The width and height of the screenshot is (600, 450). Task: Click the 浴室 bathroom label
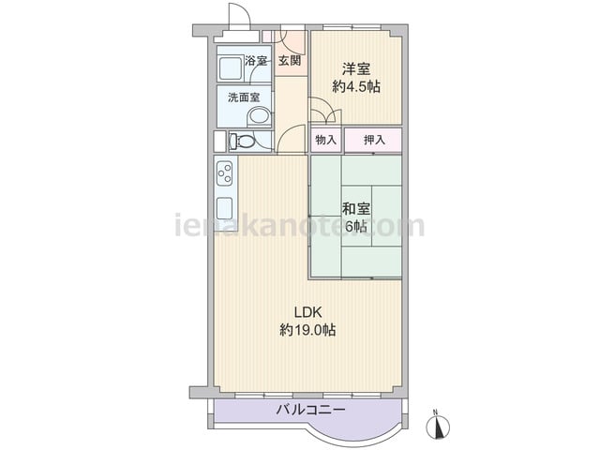pos(256,60)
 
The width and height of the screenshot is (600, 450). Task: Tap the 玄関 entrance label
pos(290,60)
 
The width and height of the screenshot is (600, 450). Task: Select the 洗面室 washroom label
pos(244,97)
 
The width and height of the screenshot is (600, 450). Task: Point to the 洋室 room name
pos(356,69)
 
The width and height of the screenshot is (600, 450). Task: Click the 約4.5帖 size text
pos(356,87)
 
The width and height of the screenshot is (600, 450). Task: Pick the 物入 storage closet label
pos(325,140)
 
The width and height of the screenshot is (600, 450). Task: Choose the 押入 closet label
pos(374,140)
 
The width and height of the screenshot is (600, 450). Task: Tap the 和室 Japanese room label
pos(356,209)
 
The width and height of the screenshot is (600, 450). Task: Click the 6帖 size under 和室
pos(356,227)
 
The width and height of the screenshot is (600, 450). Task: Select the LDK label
pos(308,312)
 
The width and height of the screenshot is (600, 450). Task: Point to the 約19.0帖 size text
pos(308,329)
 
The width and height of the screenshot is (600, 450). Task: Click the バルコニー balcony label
pos(310,411)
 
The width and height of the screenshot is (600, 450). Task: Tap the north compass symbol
pos(438,425)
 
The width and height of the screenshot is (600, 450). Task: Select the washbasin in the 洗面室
pos(259,116)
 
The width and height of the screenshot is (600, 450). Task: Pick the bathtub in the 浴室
pos(231,68)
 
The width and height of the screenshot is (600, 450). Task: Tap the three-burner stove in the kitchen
pos(225,172)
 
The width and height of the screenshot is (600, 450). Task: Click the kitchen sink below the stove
pos(225,208)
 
